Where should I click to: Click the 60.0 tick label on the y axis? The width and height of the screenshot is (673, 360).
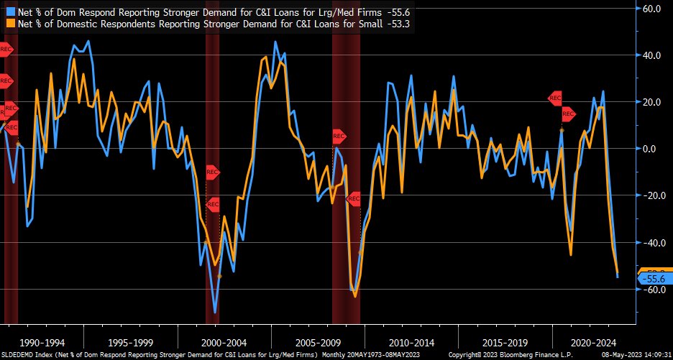click(651, 9)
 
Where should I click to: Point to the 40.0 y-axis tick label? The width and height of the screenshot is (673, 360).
click(651, 55)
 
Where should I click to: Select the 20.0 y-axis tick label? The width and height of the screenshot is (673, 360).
click(651, 102)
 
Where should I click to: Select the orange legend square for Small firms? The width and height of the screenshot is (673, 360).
click(9, 23)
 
